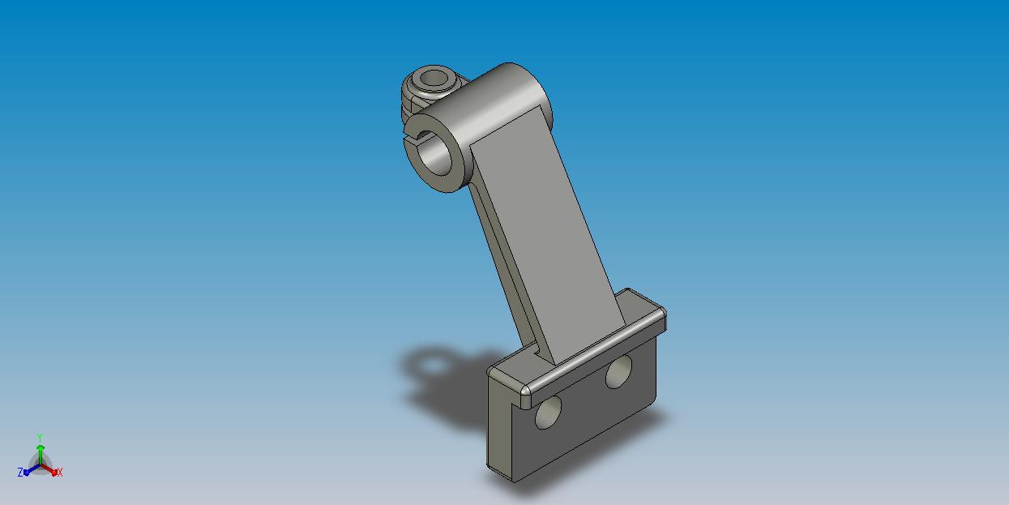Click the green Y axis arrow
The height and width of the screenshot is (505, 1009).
[41, 455]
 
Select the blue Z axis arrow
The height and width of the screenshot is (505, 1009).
[32, 470]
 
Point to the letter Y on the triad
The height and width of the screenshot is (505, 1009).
[40, 438]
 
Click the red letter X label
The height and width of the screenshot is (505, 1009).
[60, 472]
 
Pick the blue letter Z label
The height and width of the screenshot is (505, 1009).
[20, 473]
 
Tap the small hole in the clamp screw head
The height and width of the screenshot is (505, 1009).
[434, 78]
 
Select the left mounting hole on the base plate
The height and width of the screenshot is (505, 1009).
[548, 413]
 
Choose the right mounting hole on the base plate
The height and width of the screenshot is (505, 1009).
[618, 371]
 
